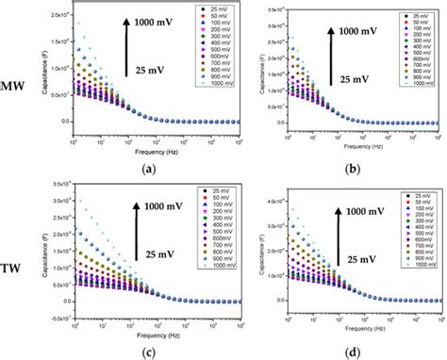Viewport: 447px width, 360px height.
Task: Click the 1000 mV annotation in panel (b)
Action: [x=359, y=31]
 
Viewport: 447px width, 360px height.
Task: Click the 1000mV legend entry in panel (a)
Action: [x=220, y=85]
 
